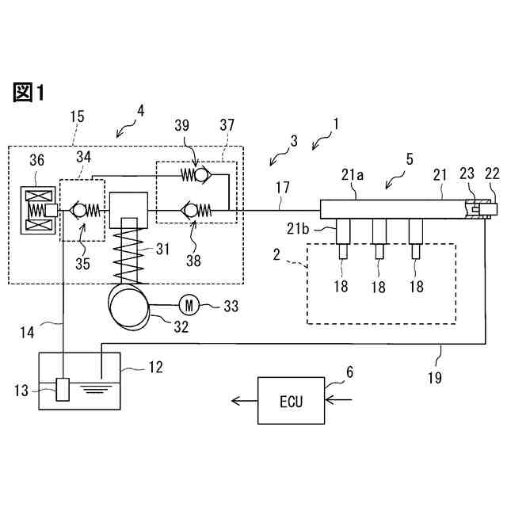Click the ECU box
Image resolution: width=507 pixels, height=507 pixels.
tap(291, 401)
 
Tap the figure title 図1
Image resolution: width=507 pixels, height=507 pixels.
tap(29, 93)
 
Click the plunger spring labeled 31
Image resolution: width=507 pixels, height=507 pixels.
tap(128, 251)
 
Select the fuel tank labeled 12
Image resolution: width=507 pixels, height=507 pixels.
tap(79, 380)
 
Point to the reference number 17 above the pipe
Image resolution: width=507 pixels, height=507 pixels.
tap(284, 189)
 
